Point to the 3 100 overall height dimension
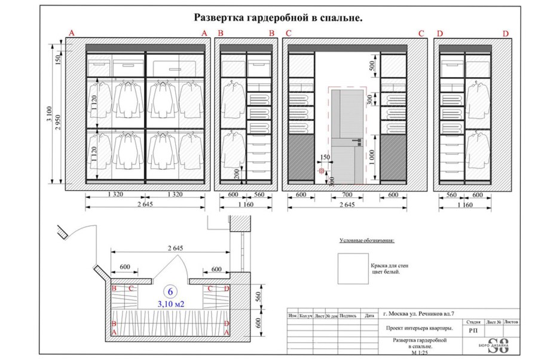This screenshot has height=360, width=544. pyautogui.click(x=54, y=114)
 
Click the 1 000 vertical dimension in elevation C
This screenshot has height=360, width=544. pyautogui.click(x=371, y=156)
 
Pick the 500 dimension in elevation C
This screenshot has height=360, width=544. pyautogui.click(x=371, y=65)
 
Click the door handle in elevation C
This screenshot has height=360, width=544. pyautogui.click(x=357, y=141)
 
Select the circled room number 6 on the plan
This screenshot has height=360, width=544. pyautogui.click(x=170, y=292)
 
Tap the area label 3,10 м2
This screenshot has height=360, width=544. pyautogui.click(x=170, y=304)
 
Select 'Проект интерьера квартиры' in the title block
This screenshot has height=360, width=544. pyautogui.click(x=418, y=328)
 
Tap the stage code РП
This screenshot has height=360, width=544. pyautogui.click(x=473, y=330)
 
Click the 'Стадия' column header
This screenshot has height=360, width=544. pyautogui.click(x=473, y=322)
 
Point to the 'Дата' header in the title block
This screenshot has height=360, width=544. pyautogui.click(x=370, y=315)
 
